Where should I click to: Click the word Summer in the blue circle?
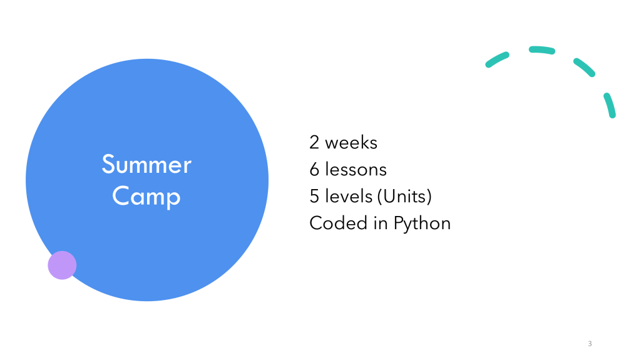point(146,164)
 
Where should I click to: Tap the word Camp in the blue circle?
point(146,197)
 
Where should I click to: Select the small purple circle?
point(62,265)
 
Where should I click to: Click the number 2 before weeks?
point(314,142)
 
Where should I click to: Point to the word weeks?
point(351,142)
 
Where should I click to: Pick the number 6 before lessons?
point(314,170)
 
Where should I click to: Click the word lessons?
point(356,170)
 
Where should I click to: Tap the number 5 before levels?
point(314,197)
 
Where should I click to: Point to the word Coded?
point(338,223)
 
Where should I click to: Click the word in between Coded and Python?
point(380,223)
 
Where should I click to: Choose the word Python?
point(422,224)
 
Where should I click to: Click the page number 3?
point(590,344)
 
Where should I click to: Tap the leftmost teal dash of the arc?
point(496,59)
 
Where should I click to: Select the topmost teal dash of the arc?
point(541,49)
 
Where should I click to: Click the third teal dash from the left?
point(584,67)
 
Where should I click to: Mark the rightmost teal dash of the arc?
point(610,105)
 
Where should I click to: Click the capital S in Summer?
point(108,164)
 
